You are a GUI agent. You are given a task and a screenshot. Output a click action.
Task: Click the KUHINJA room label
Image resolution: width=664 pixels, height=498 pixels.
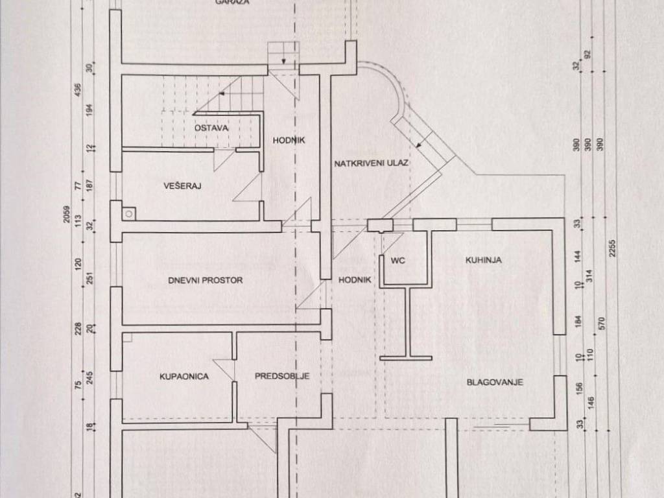click(484, 260)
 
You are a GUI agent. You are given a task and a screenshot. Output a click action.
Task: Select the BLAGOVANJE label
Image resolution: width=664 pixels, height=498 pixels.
click(495, 382)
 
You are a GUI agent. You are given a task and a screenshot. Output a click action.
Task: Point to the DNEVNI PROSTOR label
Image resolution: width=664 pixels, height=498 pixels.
click(205, 280)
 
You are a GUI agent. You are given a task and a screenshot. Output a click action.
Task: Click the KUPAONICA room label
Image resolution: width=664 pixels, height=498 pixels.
click(184, 375)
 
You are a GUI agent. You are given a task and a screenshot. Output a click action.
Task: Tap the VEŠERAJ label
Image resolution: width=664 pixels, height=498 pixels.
click(183, 186)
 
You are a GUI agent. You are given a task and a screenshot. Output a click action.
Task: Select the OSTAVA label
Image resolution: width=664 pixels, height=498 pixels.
click(211, 128)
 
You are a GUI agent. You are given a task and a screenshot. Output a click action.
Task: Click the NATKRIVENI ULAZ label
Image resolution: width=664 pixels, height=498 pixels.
click(372, 163)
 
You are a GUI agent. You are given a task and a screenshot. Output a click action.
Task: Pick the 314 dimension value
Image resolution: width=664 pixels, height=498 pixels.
click(589, 274)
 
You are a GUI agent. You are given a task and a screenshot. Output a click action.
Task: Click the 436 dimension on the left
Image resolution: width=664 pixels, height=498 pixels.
click(78, 89)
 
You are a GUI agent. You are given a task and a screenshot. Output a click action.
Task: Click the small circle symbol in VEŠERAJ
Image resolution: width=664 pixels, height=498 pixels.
click(130, 211)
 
